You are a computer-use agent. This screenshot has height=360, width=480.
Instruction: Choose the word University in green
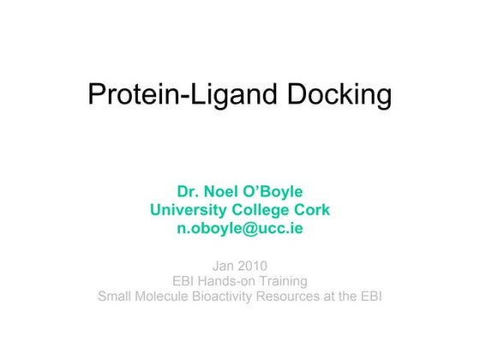tap(188, 210)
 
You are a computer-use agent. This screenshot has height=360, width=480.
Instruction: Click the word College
tap(262, 210)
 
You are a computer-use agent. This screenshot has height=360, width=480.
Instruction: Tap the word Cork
tap(312, 210)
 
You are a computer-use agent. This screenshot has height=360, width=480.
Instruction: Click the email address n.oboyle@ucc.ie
tap(240, 229)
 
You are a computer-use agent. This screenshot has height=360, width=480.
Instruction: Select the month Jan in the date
tap(224, 265)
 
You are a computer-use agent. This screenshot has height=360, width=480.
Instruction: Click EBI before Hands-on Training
tap(187, 280)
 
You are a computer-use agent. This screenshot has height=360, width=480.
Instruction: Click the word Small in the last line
tap(117, 297)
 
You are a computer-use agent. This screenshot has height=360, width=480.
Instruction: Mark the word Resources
tap(309, 297)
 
